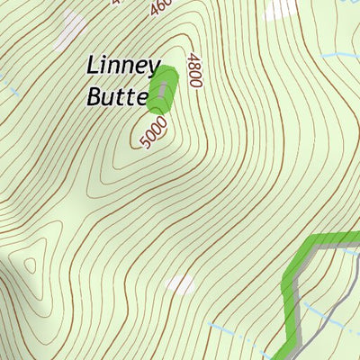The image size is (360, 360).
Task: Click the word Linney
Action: tap(122, 67)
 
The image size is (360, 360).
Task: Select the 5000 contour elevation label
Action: tap(155, 133)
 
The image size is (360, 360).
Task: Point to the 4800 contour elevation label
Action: tap(193, 70)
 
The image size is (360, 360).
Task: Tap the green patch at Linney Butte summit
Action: tap(162, 88)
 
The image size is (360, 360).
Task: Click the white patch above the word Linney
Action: tap(68, 33)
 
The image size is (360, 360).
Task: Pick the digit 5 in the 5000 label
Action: tap(147, 142)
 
